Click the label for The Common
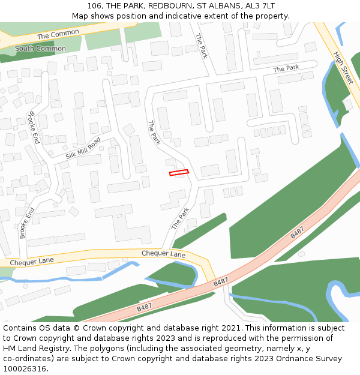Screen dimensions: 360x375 [x=58, y=35]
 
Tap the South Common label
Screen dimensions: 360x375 [x=40, y=49]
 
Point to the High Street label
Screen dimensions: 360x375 [x=343, y=67]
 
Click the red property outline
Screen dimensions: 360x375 [x=179, y=173]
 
